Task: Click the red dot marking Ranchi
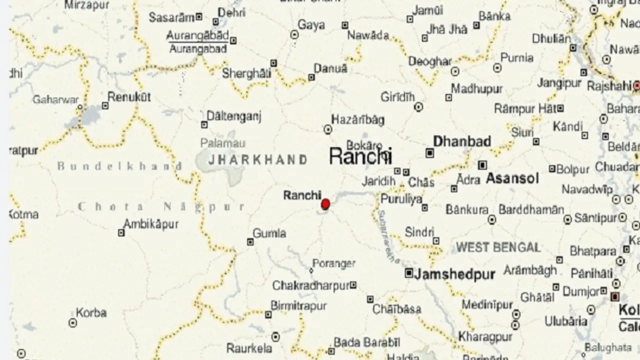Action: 325,204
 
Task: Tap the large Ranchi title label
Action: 360,156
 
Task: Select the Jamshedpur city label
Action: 454,274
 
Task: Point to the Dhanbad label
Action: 461,141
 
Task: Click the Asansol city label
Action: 512,178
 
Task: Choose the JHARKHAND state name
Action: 257,160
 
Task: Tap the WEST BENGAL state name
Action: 498,247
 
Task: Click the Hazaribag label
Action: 358,119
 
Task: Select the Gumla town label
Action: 269,233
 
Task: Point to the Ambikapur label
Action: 150,224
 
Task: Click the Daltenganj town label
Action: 234,117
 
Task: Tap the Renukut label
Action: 129,97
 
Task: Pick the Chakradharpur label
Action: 310,285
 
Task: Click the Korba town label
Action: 91,313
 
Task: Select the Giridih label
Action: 398,96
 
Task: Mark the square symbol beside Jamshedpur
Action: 409,273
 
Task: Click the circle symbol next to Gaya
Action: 294,34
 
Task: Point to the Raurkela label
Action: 249,348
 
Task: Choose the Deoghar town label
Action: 430,61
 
